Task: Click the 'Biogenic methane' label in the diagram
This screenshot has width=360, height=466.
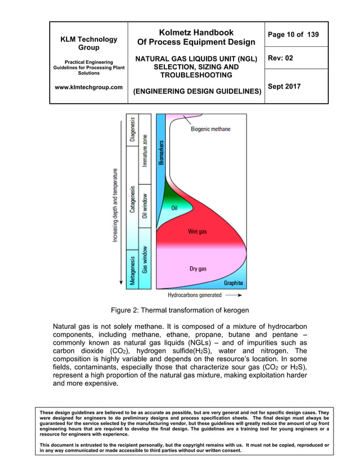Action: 210,129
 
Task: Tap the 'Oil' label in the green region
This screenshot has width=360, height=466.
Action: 175,208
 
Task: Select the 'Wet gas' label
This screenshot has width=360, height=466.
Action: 198,232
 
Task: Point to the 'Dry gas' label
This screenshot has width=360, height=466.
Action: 197,269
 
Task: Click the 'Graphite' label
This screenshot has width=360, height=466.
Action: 234,283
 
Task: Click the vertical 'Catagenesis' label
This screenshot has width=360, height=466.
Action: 133,200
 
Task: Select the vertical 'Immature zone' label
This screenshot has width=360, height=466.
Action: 146,150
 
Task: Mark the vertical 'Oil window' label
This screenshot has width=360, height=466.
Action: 146,206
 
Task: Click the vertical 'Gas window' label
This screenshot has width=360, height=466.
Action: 146,260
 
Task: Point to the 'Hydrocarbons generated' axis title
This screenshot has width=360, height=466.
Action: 195,294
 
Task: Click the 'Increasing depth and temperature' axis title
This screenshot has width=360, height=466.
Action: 116,205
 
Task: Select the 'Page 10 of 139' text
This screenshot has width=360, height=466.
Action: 293,35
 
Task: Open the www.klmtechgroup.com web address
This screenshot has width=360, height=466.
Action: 89,87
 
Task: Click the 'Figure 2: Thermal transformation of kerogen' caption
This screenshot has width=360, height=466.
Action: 179,310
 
